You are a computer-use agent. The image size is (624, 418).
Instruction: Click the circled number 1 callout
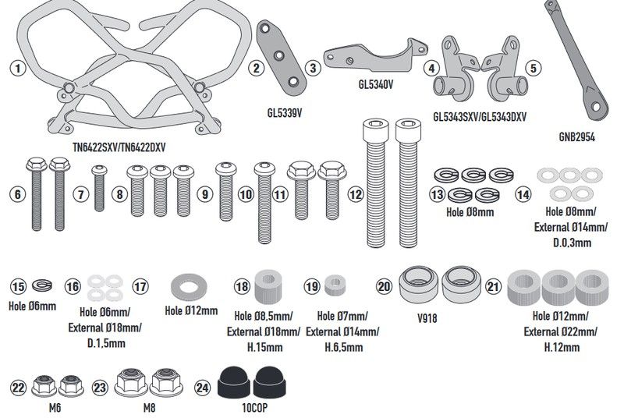[x=17, y=68]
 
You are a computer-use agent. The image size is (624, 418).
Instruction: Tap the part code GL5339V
[x=285, y=113]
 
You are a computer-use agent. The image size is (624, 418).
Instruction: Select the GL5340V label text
[x=376, y=84]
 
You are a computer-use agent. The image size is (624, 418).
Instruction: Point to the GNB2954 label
[x=576, y=137]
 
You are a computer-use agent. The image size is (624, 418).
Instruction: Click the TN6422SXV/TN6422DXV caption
[x=119, y=147]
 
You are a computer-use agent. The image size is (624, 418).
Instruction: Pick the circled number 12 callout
[x=356, y=194]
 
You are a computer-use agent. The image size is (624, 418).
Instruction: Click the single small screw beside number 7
[x=99, y=188]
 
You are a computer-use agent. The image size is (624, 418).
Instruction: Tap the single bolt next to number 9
[x=226, y=191]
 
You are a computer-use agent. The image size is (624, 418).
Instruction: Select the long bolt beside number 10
[x=264, y=202]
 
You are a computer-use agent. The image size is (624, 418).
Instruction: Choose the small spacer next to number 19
[x=335, y=286]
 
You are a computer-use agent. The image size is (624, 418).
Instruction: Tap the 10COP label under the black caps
[x=255, y=408]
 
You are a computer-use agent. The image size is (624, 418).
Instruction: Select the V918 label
[x=427, y=318]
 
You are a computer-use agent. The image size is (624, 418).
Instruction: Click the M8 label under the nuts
[x=149, y=408]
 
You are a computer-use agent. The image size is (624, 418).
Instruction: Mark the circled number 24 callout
[x=202, y=388]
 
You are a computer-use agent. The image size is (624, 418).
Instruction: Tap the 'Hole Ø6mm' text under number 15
[x=32, y=306]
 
